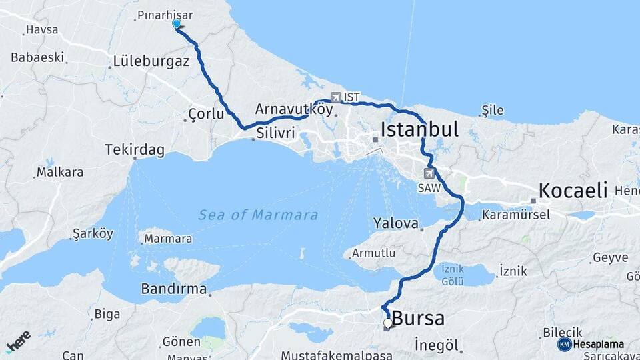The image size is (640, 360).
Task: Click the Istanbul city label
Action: click(x=419, y=129)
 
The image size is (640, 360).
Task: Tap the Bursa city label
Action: click(x=418, y=319)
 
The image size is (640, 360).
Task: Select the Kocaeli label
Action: click(x=573, y=191)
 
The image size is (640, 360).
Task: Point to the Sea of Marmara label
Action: click(x=258, y=215)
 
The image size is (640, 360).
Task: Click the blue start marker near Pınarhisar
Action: click(x=177, y=24)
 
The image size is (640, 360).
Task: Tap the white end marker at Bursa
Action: click(x=388, y=323)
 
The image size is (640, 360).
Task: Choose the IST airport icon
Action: click(x=335, y=97)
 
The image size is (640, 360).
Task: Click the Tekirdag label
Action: click(x=135, y=150)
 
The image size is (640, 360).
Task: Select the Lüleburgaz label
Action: click(x=151, y=61)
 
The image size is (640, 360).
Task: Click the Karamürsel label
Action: click(x=515, y=215)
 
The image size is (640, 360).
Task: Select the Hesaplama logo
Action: click(x=591, y=344)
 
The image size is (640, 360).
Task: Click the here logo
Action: click(x=18, y=341)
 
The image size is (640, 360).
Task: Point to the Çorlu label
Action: click(x=206, y=114)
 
